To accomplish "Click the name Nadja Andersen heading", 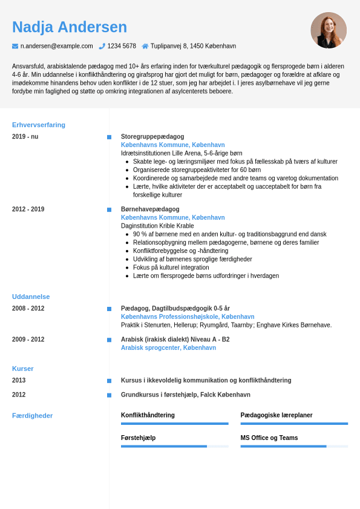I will click(70, 27).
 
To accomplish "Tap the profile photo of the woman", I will click(329, 30).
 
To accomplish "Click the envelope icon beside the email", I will click(15, 46).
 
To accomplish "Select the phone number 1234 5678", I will click(122, 46).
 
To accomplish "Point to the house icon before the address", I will click(145, 46).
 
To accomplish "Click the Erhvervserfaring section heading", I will click(39, 125).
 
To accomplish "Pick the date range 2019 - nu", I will click(25, 137).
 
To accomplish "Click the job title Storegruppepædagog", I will click(152, 137).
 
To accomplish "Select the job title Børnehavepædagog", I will click(150, 209).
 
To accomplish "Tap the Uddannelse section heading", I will click(31, 297).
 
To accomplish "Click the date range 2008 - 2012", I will click(28, 309).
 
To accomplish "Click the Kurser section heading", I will click(23, 369).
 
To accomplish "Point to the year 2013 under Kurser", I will click(19, 381).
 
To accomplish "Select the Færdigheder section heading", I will click(33, 416).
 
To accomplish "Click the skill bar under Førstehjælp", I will click(174, 446).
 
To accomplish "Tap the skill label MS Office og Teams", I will click(269, 438).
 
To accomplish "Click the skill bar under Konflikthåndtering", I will click(174, 424).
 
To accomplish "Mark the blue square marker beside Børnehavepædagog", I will click(110, 210).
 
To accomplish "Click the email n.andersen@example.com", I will click(57, 46).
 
